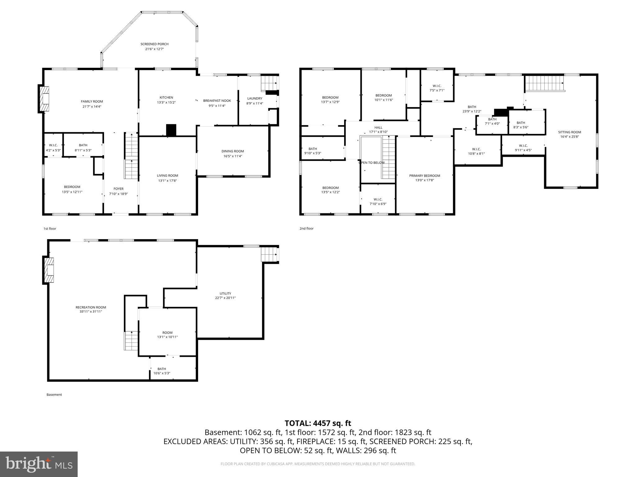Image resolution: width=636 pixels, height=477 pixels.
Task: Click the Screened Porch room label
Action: point(154,44)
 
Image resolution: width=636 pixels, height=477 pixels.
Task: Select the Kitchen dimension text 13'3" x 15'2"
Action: point(166,102)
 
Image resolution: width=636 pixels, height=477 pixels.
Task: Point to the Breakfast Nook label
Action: point(217,101)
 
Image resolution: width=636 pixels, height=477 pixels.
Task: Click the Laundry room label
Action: point(255,98)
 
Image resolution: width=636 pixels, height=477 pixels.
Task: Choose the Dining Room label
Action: point(233,151)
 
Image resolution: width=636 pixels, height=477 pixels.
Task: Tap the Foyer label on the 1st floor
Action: point(118,189)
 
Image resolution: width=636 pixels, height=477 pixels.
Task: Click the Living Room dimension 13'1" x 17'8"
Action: point(168,180)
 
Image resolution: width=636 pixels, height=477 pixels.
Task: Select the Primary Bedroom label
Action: point(425,175)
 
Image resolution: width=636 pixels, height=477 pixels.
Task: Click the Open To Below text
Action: point(371,163)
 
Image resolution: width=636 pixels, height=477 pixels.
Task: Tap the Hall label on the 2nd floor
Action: point(378,127)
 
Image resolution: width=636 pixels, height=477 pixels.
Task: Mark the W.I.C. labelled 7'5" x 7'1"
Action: point(437,88)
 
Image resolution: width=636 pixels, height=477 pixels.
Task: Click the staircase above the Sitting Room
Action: point(544,83)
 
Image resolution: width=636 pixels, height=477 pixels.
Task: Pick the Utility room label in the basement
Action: point(225,293)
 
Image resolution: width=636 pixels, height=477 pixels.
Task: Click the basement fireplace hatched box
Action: point(48,270)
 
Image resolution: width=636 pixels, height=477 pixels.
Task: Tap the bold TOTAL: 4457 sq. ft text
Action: point(318,423)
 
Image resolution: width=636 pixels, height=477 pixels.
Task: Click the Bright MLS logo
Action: point(39,464)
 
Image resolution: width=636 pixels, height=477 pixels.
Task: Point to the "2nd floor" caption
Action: point(306,229)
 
